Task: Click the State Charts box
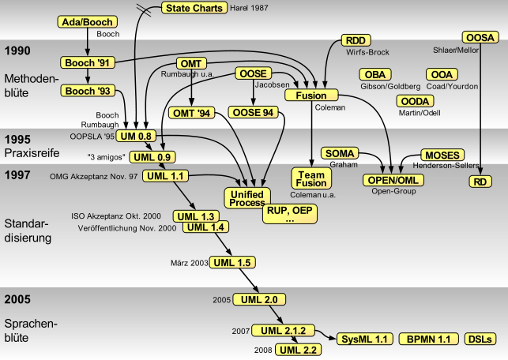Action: click(194, 8)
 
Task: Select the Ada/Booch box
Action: click(87, 22)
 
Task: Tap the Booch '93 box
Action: click(88, 91)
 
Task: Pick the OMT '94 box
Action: click(191, 114)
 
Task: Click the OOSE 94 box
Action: click(253, 113)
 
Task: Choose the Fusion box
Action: click(311, 96)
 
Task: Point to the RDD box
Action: click(356, 40)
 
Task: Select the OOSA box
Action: click(480, 38)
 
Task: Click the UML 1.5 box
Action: click(232, 263)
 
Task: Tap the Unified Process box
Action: click(247, 198)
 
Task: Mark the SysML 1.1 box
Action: click(365, 339)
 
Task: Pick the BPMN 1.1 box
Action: click(429, 339)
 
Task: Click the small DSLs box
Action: click(480, 339)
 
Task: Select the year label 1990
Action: click(17, 51)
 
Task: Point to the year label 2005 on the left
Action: click(17, 299)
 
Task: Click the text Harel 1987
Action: click(249, 8)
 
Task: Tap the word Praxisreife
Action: click(32, 153)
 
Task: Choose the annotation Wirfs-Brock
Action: click(367, 52)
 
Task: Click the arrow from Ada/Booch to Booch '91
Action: click(87, 42)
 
